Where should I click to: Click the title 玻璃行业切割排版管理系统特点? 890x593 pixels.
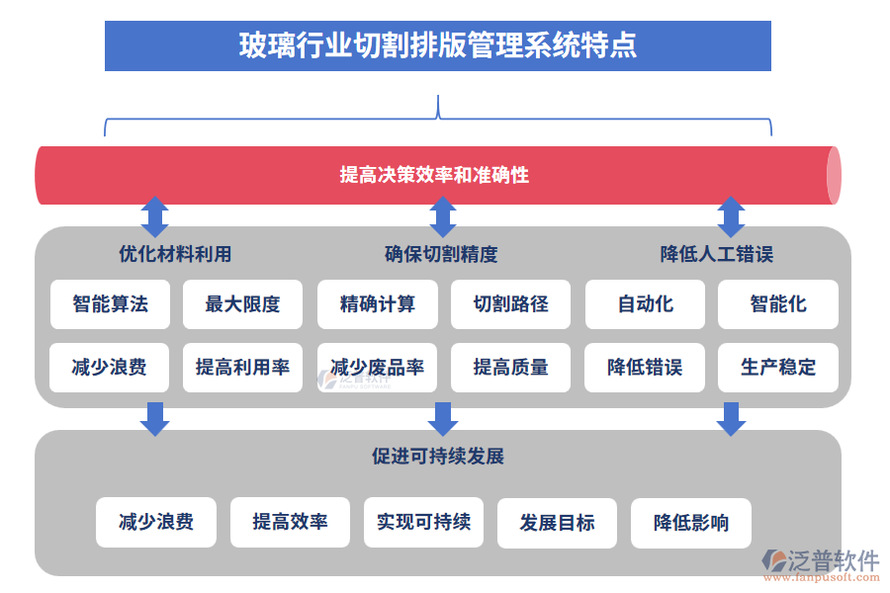click(x=437, y=46)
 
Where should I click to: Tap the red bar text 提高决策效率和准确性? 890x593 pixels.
click(x=434, y=175)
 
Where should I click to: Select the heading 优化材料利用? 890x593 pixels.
click(x=175, y=254)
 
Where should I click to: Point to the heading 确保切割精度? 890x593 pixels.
click(x=441, y=254)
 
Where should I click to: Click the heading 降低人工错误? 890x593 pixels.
click(x=716, y=254)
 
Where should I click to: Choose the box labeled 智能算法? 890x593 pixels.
click(x=110, y=304)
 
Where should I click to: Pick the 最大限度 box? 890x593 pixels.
click(x=242, y=304)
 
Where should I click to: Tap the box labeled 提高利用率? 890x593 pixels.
click(x=242, y=368)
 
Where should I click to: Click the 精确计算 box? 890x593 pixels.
click(x=377, y=304)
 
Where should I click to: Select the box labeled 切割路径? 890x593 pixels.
click(x=510, y=304)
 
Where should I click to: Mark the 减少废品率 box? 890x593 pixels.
click(x=377, y=368)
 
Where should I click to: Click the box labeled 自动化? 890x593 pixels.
click(x=645, y=304)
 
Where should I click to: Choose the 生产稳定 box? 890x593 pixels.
click(x=778, y=368)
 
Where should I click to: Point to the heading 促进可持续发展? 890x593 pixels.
click(x=438, y=456)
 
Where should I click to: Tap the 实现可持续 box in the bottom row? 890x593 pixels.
click(x=423, y=522)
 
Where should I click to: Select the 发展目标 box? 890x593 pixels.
click(x=557, y=523)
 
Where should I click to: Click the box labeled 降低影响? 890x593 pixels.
click(x=690, y=523)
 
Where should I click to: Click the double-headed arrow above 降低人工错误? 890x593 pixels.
click(x=731, y=215)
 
